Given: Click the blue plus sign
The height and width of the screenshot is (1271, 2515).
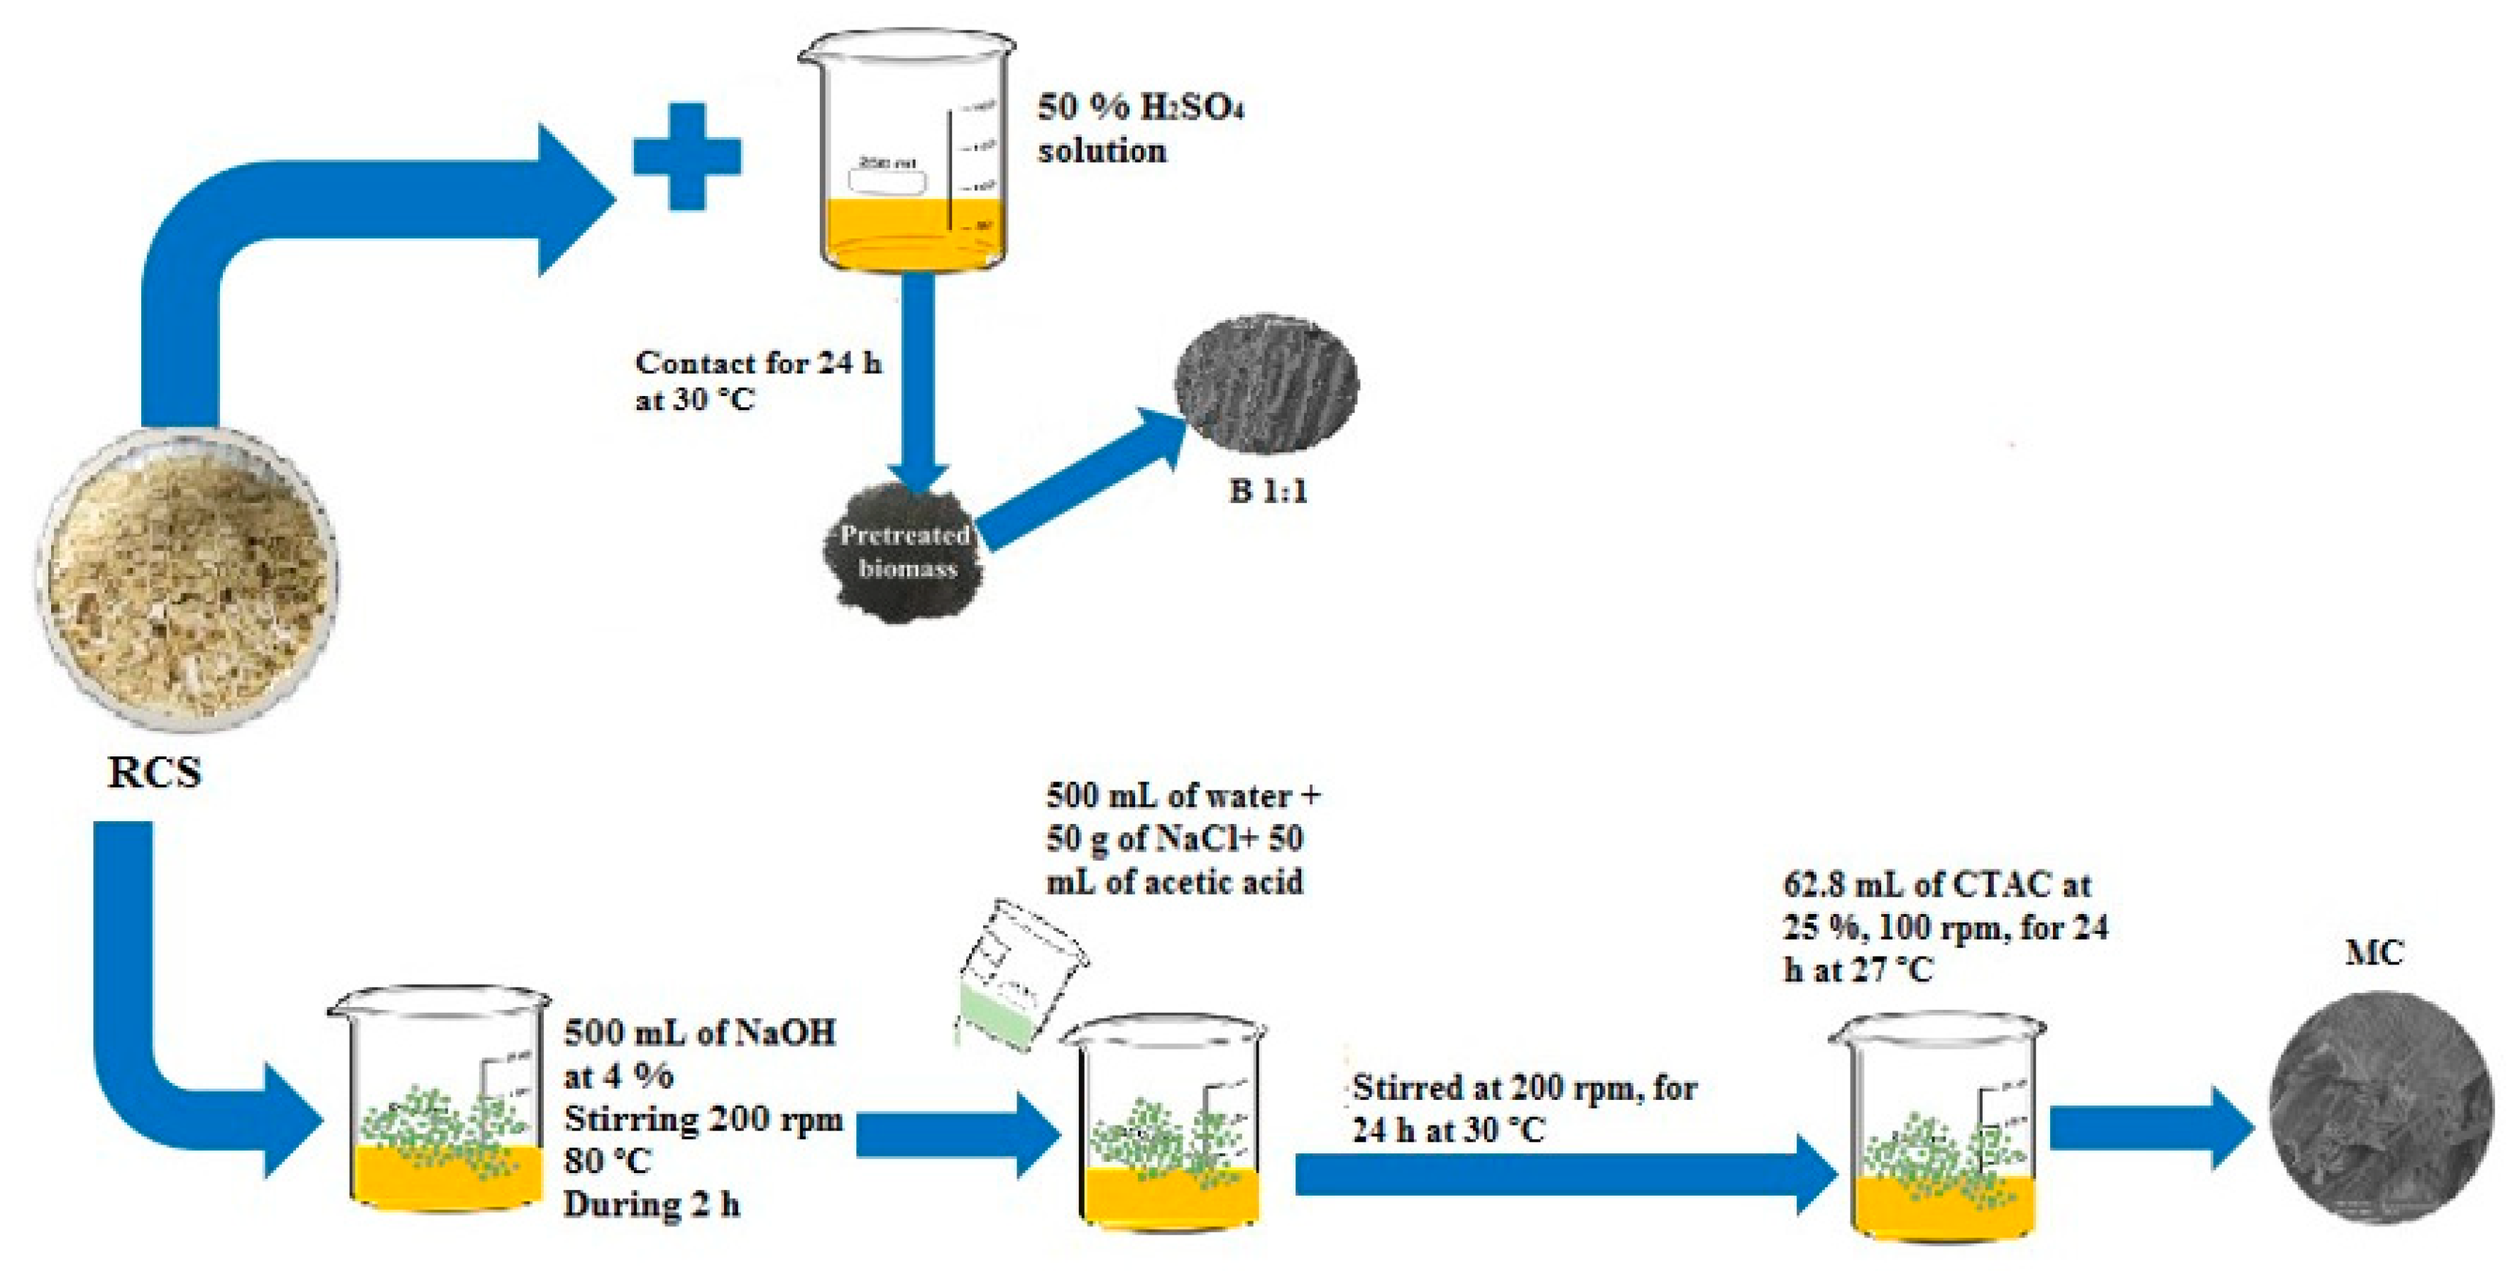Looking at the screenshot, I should click(686, 156).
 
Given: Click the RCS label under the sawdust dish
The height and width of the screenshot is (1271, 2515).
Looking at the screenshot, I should click(154, 772).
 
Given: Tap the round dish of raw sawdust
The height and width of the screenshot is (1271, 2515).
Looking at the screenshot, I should click(188, 578).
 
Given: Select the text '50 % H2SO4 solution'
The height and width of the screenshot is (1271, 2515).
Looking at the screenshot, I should click(1139, 128).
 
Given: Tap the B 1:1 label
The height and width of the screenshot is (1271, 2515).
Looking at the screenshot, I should click(1266, 490).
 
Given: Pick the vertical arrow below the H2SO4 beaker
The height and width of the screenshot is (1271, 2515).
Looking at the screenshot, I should click(918, 380).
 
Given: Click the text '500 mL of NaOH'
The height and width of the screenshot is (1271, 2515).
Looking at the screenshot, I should click(699, 1032).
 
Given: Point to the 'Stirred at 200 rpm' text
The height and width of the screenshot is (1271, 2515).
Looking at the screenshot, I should click(1523, 1087).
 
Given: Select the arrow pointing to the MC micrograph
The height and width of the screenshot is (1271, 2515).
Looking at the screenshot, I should click(2148, 1128).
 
